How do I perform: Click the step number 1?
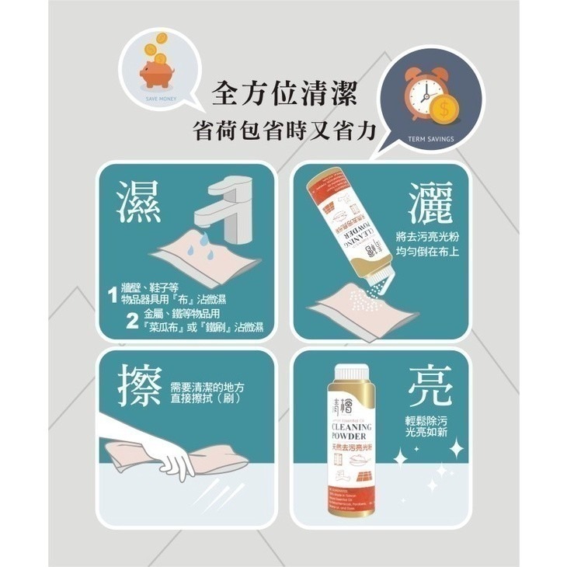(x=113, y=295)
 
